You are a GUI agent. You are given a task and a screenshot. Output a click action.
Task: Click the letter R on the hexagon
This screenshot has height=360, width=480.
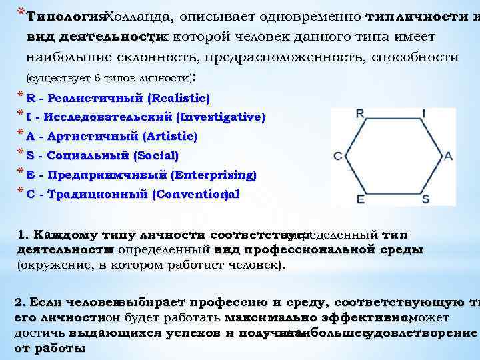[360, 113]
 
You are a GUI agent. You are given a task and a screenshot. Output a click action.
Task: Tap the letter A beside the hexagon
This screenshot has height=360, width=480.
[448, 155]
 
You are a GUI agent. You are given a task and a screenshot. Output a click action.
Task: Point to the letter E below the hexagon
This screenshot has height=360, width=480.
[361, 199]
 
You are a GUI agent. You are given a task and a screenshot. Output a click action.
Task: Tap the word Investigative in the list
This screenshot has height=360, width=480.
[221, 117]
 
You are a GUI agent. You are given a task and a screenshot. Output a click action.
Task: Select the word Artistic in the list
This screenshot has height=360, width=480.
[171, 136]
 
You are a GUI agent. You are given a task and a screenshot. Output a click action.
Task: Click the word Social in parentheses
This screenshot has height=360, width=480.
[156, 155]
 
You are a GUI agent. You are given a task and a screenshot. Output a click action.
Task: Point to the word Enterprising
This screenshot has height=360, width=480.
[214, 175]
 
